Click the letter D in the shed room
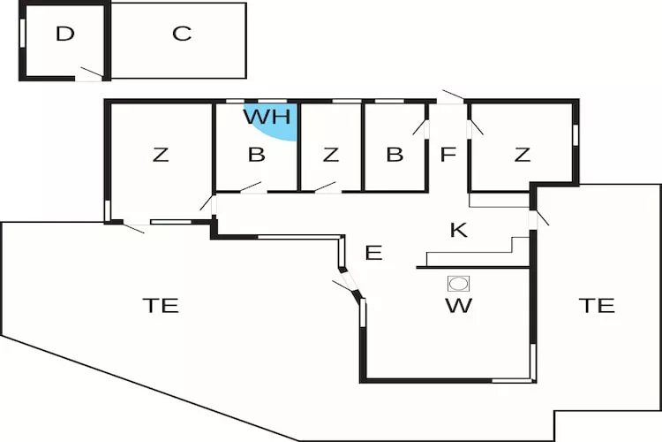(x=64, y=34)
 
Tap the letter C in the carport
(x=182, y=34)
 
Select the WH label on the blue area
(x=267, y=116)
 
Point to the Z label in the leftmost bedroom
(x=160, y=156)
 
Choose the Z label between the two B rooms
(x=331, y=156)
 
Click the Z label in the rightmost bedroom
(x=523, y=156)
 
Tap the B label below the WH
(x=256, y=156)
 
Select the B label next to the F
(x=395, y=156)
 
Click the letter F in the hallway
(x=448, y=155)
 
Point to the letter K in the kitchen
(x=458, y=231)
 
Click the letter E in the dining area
(x=373, y=254)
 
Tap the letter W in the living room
(x=459, y=307)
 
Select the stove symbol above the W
(x=459, y=283)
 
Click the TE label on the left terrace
(x=161, y=306)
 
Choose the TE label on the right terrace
(x=597, y=306)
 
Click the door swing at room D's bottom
(x=90, y=73)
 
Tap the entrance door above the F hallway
(x=452, y=97)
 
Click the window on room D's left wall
(x=21, y=32)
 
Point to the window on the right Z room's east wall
(x=575, y=133)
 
